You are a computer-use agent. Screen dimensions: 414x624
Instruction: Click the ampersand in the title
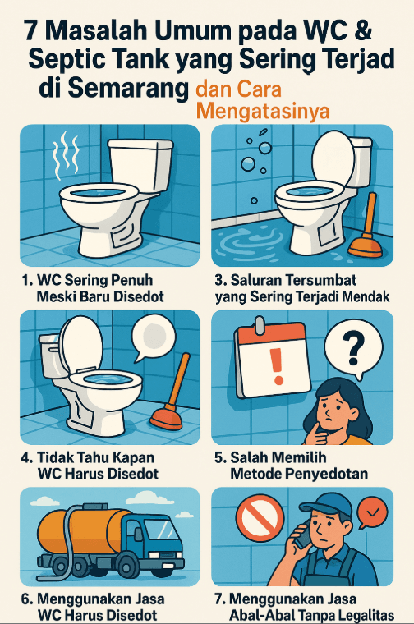click(362, 30)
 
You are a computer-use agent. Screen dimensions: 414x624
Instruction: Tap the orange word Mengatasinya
click(263, 111)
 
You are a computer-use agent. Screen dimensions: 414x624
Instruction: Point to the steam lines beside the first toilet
click(67, 155)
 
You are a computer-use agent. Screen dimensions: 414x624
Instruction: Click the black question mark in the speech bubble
click(354, 350)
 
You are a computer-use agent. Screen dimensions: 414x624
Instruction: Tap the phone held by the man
click(304, 535)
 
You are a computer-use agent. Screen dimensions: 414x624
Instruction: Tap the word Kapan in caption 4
click(132, 457)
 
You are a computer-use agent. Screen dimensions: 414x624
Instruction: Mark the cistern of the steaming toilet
click(140, 163)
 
